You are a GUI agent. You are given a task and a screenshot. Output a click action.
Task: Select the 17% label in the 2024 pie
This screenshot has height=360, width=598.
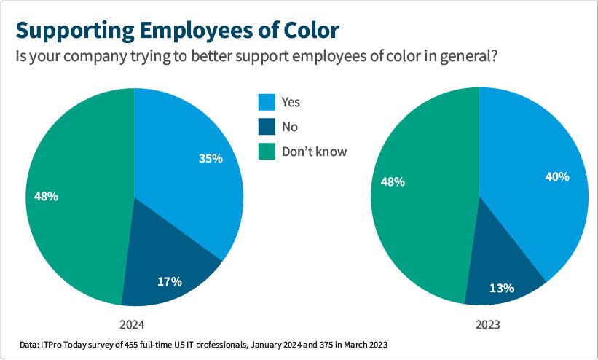pos(170,280)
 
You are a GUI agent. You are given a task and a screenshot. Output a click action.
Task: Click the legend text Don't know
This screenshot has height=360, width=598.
pos(315,152)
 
